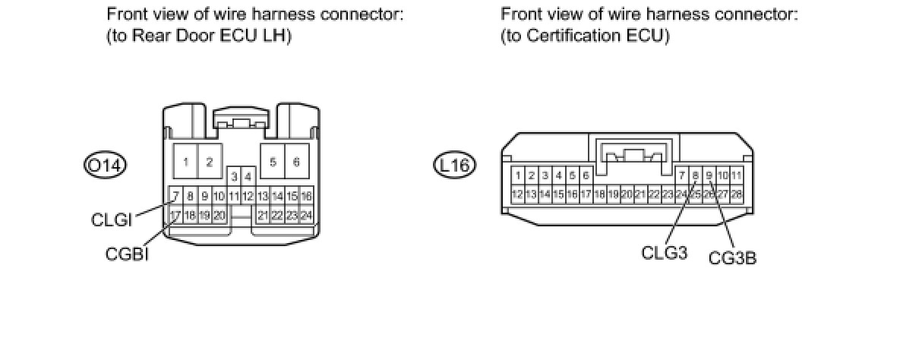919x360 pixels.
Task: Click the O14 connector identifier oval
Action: coord(106,164)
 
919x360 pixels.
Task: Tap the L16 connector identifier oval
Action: coord(455,164)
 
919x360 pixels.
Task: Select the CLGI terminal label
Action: coord(112,220)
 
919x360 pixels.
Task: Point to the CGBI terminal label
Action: coord(127,254)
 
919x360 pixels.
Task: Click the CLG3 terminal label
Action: coord(664,253)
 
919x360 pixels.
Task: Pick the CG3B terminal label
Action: coord(732,258)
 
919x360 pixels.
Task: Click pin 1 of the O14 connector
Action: coord(186,162)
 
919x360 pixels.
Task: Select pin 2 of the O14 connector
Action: coord(210,162)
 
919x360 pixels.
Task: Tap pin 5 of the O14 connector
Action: coord(273,162)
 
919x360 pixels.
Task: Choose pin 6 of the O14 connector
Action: coord(296,162)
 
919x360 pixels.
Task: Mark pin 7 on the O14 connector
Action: coord(175,197)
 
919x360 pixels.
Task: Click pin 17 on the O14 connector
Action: coord(175,215)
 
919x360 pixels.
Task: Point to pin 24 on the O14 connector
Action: coord(306,215)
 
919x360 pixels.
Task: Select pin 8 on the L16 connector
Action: coord(696,176)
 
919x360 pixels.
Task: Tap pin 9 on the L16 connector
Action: coord(709,176)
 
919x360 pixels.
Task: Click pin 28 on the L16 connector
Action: coord(736,194)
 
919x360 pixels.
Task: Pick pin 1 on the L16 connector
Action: coord(518,176)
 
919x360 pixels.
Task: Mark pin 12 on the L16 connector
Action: coord(518,194)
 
